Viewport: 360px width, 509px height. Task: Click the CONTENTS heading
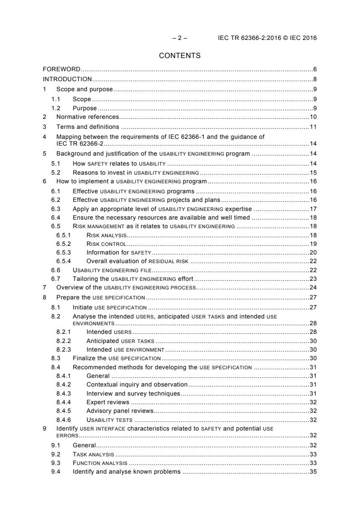point(180,56)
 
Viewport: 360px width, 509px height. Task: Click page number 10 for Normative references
point(313,117)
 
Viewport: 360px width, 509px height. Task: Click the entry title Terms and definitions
point(88,127)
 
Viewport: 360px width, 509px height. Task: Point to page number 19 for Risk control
point(313,244)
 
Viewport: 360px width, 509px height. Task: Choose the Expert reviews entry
point(108,402)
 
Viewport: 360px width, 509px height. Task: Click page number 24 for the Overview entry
point(313,288)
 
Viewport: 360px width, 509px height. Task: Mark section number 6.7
point(56,279)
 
